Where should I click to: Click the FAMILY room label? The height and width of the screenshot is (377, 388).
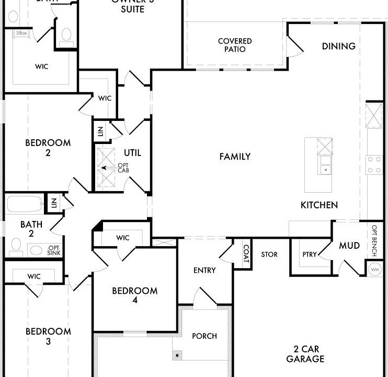click(x=235, y=157)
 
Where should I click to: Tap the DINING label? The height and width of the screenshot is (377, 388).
click(x=338, y=46)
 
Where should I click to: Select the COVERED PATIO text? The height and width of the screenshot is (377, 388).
click(x=235, y=45)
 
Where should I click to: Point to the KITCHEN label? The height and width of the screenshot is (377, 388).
click(x=319, y=205)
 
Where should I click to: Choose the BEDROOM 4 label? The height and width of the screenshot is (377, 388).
click(x=134, y=295)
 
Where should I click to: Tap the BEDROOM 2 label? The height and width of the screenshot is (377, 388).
click(x=48, y=147)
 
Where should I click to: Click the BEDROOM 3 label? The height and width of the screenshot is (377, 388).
click(x=48, y=336)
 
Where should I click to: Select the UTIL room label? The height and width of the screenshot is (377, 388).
click(x=132, y=153)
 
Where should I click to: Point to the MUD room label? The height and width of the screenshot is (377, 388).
click(x=349, y=246)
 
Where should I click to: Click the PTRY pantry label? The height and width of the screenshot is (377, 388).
click(x=310, y=254)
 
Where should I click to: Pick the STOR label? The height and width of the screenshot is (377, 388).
click(x=269, y=254)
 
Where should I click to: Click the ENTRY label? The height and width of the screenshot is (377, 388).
click(x=204, y=270)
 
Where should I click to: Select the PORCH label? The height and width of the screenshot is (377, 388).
click(x=204, y=336)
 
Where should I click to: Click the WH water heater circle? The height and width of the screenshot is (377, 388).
click(x=374, y=269)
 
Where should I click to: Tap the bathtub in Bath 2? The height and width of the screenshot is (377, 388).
click(x=25, y=204)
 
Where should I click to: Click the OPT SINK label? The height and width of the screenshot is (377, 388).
click(x=54, y=250)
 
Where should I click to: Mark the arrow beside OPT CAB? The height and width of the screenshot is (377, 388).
click(x=107, y=168)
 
